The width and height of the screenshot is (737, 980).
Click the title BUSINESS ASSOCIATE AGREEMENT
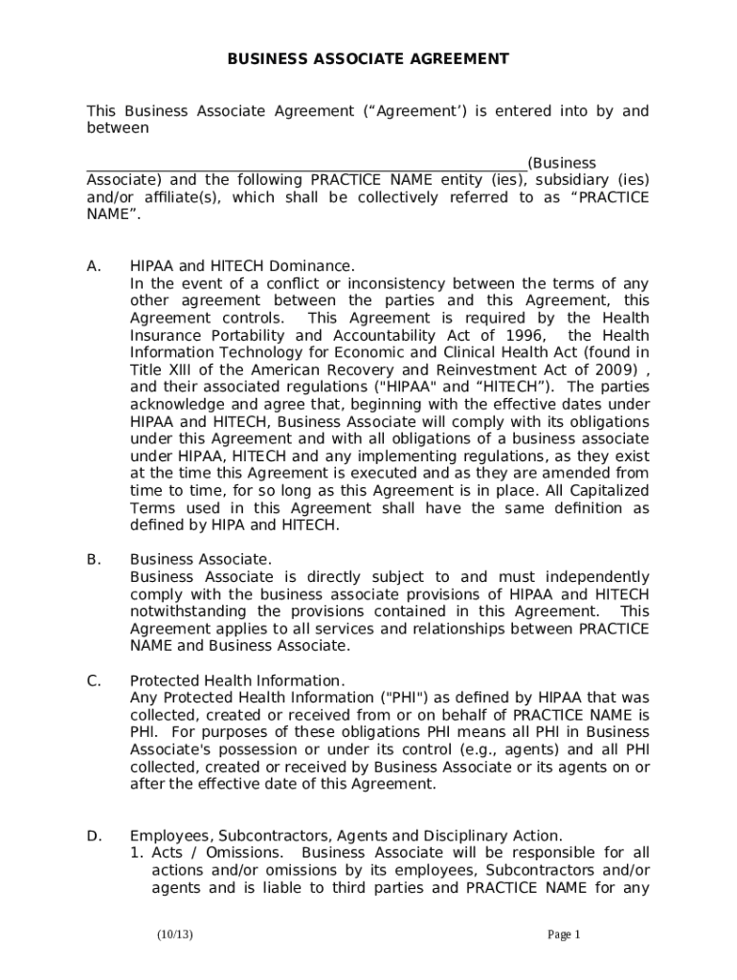coord(368,59)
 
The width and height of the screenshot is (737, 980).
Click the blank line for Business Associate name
coord(306,163)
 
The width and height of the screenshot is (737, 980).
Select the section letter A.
coord(93,266)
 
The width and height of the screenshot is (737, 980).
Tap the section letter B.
coord(93,559)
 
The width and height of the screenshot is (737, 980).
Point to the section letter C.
coord(93,680)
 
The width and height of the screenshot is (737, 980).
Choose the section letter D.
coord(94,835)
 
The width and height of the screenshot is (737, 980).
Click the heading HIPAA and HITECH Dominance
coord(242,266)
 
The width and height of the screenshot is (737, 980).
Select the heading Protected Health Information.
coord(237,680)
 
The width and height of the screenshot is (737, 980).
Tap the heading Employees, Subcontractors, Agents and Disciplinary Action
coord(346,835)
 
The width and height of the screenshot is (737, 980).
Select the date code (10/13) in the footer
coord(176,934)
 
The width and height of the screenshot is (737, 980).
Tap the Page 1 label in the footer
coord(564,934)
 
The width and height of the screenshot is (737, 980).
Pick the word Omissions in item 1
coord(244,853)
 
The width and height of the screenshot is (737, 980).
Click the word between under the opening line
coord(118,128)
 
